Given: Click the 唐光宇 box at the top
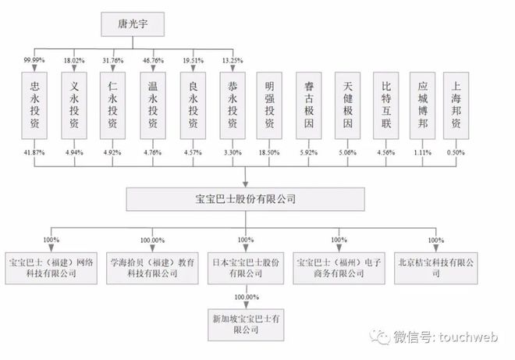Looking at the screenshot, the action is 133,24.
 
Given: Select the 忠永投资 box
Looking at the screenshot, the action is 34,105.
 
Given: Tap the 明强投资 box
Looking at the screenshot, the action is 269,105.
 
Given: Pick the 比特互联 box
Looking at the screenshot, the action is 386,105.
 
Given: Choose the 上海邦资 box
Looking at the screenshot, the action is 456,105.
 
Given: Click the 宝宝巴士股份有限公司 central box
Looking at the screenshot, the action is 245,199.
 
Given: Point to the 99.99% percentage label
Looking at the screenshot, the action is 34,60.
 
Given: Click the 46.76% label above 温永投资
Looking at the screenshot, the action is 153,60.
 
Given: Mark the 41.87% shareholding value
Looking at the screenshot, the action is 34,152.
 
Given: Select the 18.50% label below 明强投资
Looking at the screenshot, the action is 269,152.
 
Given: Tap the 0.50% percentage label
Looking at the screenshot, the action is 456,152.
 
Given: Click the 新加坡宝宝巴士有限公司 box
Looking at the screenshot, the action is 246,325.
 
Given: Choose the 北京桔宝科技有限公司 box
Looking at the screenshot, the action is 436,269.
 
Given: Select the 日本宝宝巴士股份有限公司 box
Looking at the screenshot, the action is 246,269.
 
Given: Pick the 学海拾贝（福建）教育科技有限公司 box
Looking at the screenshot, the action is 152,269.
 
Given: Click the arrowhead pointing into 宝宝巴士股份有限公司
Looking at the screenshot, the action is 245,184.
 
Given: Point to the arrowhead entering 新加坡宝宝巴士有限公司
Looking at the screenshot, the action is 246,305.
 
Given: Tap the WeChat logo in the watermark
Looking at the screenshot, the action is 380,337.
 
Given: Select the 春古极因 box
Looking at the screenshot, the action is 309,105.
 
